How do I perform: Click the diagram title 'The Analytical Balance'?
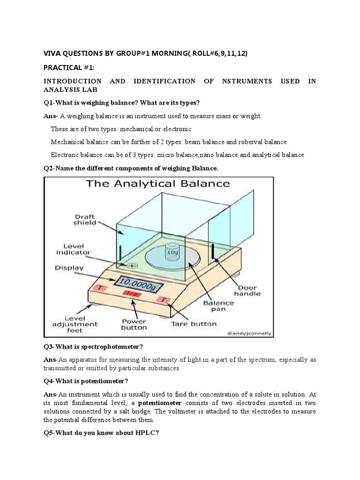(x=157, y=183)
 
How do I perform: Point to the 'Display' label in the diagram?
(x=69, y=268)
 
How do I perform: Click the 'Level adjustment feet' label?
(x=75, y=324)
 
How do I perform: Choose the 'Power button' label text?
(x=134, y=324)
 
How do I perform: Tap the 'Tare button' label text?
(x=194, y=323)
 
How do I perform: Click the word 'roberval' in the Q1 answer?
(x=251, y=142)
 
